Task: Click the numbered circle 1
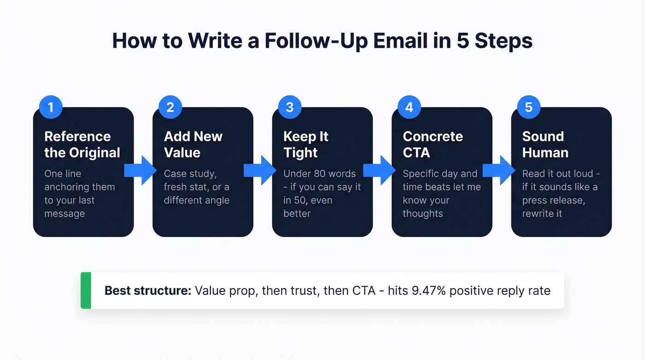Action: pyautogui.click(x=51, y=107)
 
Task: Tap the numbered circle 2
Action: pyautogui.click(x=170, y=107)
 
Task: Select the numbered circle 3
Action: pyautogui.click(x=290, y=107)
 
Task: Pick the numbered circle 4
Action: pyautogui.click(x=409, y=107)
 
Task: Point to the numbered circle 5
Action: pyautogui.click(x=528, y=107)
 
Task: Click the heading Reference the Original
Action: pyautogui.click(x=82, y=144)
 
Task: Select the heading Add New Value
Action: pyautogui.click(x=193, y=144)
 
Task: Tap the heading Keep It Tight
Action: pyautogui.click(x=305, y=144)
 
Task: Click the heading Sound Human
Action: pyautogui.click(x=545, y=144)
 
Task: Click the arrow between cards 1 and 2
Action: pyautogui.click(x=141, y=171)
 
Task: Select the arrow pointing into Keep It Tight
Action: pyautogui.click(x=260, y=171)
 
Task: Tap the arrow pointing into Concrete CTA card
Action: pyautogui.click(x=380, y=171)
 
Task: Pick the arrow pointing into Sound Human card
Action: pyautogui.click(x=499, y=171)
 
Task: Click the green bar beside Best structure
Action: pyautogui.click(x=86, y=290)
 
